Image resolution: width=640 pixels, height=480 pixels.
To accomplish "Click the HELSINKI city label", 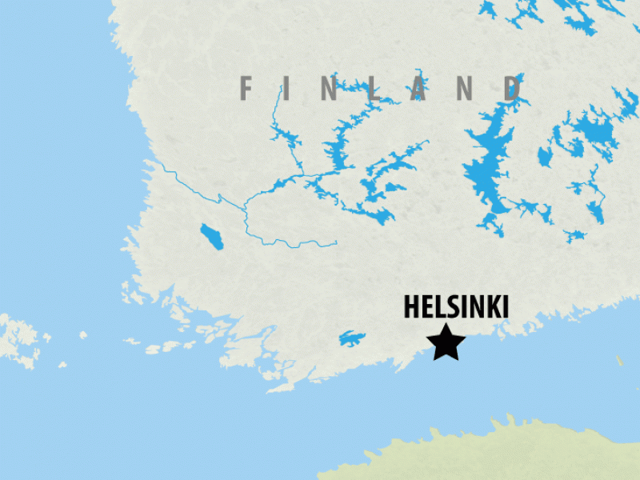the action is point(456,308).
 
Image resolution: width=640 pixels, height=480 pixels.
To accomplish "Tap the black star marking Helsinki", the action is point(446,342).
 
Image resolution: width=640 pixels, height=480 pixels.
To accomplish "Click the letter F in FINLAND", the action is point(246,88).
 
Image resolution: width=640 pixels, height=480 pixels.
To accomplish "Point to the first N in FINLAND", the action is point(330,88).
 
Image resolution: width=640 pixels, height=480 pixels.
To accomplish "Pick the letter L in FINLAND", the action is point(376,88).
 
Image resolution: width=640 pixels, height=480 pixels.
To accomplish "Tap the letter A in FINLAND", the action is point(418,88).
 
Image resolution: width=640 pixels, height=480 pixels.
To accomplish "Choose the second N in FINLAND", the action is point(466,88).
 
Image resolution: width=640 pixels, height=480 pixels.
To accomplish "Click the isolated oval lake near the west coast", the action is point(213,237).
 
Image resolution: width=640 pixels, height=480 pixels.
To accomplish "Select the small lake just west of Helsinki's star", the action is point(351,338).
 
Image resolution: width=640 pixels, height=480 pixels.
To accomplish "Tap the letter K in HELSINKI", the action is point(487,308).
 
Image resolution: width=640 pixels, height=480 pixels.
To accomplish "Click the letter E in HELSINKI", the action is point(426,308).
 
